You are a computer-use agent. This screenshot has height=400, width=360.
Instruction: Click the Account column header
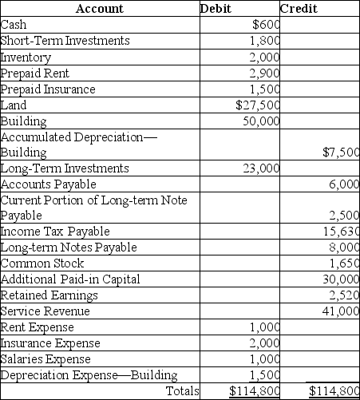tap(100, 9)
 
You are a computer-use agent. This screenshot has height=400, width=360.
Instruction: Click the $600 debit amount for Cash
tap(265, 24)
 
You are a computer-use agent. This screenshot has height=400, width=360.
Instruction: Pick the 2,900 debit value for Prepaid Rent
tap(264, 73)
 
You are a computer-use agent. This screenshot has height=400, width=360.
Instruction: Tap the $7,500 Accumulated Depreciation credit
tap(342, 152)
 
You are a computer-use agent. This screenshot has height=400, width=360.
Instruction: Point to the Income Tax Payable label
tap(45, 231)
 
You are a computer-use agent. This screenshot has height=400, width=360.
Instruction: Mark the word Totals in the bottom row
tap(181, 390)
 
